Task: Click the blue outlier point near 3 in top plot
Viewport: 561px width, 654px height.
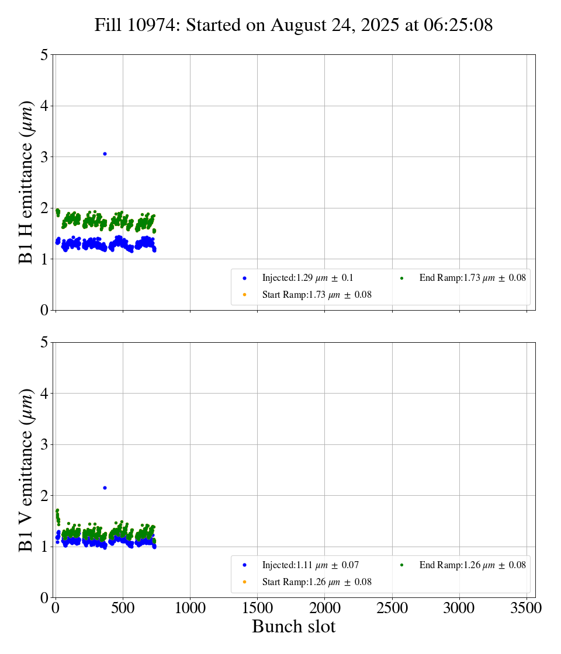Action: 105,154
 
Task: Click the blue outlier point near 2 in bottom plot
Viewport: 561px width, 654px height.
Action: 105,488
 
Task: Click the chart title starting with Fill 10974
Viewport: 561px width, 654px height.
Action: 293,25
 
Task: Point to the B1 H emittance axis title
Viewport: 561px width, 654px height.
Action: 26,182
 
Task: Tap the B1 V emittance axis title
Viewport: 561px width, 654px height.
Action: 26,469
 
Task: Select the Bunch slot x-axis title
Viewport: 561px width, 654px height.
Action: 293,627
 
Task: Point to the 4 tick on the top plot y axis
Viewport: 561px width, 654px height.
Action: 44,106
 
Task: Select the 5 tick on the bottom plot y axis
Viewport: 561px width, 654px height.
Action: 44,342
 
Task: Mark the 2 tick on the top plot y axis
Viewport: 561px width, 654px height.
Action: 44,208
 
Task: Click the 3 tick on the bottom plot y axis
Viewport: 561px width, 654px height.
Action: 44,444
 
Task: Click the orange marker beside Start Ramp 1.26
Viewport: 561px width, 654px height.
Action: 244,582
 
